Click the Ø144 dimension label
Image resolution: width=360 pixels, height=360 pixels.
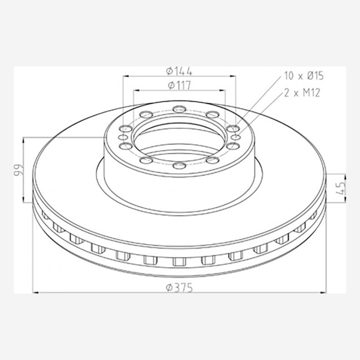(x=179, y=71)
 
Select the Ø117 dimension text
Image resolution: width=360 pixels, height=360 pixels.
(x=179, y=85)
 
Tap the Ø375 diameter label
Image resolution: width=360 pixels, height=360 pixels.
(x=179, y=288)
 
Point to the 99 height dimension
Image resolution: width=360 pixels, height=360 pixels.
(x=18, y=170)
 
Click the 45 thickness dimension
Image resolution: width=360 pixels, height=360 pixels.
(x=341, y=188)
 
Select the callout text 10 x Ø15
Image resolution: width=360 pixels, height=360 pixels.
(x=304, y=76)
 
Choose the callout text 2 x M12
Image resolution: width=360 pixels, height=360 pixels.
(x=302, y=93)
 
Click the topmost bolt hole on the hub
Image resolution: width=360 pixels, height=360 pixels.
(x=179, y=109)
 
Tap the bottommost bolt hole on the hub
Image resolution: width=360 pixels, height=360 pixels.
(x=179, y=165)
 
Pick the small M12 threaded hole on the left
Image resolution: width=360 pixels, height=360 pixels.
(x=123, y=137)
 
